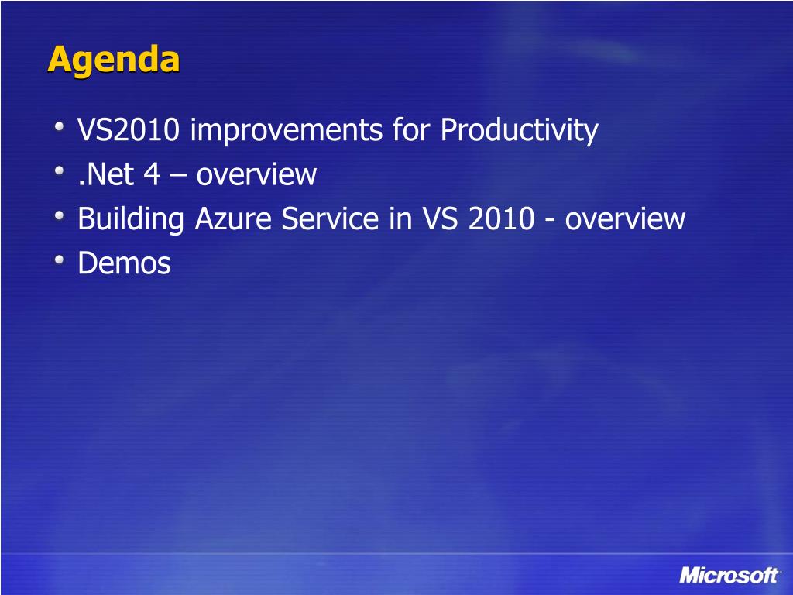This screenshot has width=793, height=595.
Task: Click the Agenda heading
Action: [114, 60]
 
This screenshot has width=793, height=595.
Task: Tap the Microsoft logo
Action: [729, 576]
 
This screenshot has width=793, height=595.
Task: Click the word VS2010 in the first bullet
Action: [129, 129]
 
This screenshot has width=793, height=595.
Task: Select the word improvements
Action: [287, 129]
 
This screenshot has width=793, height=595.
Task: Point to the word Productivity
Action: [520, 130]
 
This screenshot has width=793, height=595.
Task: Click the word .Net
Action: [105, 174]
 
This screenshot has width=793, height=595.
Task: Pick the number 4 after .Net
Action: [152, 174]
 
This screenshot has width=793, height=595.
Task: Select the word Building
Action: [130, 219]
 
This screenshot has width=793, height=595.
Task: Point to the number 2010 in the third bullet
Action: [501, 219]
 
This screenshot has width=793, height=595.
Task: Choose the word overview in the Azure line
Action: [625, 219]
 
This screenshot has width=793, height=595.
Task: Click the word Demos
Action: [125, 263]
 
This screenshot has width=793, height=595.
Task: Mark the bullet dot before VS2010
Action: [59, 126]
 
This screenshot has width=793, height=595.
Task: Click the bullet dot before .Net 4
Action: [59, 171]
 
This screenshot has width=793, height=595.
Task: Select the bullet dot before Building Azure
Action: [59, 215]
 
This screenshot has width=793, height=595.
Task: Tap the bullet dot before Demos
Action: [59, 260]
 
